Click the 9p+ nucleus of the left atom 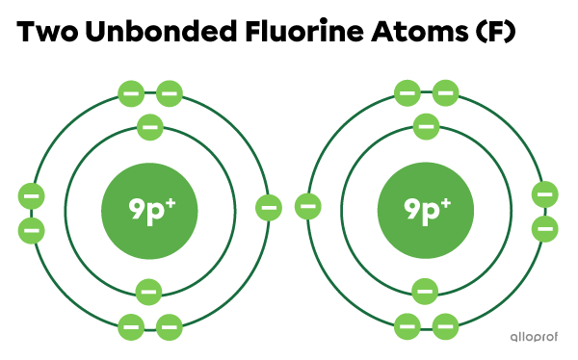pos(149,210)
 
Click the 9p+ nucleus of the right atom pos(425,210)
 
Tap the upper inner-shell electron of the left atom pos(150,127)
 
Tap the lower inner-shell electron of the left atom pos(148,291)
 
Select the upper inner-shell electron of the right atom pos(425,126)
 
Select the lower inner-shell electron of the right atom pos(425,291)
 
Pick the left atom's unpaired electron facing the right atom pos(269,207)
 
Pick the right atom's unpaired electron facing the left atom pos(308,205)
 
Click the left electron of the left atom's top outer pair pos(131,93)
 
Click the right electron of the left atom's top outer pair pos(170,93)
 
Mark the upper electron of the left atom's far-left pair pos(31,196)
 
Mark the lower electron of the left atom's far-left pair pos(31,231)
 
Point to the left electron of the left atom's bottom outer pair pos(131,327)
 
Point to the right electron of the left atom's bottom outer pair pos(170,327)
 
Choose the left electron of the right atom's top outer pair pos(407,93)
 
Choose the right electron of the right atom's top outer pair pos(445,93)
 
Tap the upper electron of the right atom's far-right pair pos(544,194)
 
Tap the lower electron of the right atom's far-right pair pos(544,229)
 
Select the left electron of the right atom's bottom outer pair pos(407,326)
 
